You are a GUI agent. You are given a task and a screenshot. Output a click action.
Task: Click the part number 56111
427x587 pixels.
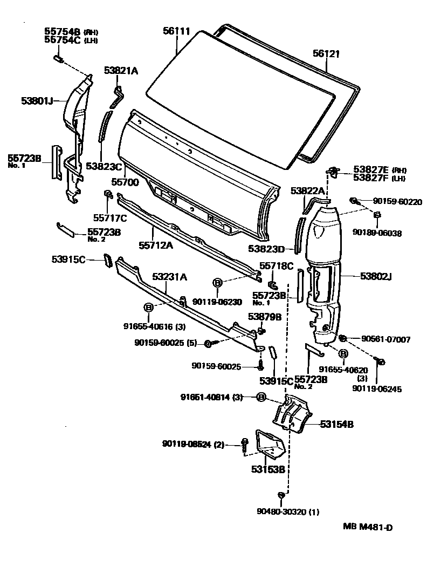(x=176, y=31)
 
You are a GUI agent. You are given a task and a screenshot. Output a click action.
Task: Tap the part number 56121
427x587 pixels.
(x=327, y=53)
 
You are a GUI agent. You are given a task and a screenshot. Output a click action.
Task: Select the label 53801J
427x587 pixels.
(x=37, y=100)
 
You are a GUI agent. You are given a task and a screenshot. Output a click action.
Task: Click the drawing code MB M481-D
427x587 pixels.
(x=367, y=527)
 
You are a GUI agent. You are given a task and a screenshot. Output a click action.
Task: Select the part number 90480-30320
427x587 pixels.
(x=283, y=511)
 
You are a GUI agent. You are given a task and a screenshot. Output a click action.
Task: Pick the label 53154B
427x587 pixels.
(x=336, y=425)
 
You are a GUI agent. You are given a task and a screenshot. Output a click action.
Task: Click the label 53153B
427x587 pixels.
(x=267, y=469)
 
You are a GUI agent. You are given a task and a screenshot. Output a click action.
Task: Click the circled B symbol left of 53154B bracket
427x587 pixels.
(x=260, y=398)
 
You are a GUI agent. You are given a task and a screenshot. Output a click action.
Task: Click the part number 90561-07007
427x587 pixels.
(x=385, y=339)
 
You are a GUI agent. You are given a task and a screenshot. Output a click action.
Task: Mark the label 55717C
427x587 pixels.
(x=110, y=218)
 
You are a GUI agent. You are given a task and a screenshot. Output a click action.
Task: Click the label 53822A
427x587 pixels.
(x=308, y=190)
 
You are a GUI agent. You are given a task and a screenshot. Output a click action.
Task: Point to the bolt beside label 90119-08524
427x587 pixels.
(x=245, y=444)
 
